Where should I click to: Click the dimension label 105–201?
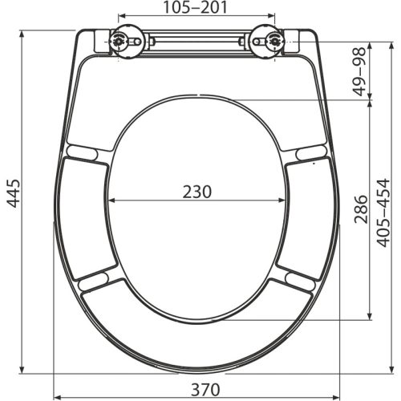coord(196,8)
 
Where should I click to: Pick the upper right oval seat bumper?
coord(310,152)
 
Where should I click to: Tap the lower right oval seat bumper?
coord(298,280)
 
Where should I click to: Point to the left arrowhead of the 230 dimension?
coord(111,200)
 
